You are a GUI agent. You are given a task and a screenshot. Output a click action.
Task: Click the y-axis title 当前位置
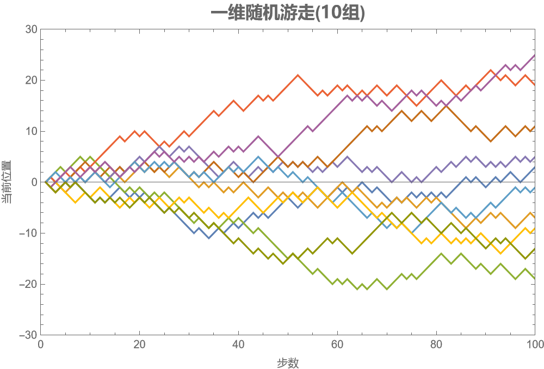pyautogui.click(x=8, y=182)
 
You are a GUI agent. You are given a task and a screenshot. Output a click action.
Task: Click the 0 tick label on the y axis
pyautogui.click(x=33, y=182)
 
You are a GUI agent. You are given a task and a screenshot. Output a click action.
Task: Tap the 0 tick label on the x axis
pyautogui.click(x=41, y=345)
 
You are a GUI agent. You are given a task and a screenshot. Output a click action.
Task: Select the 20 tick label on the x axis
pyautogui.click(x=140, y=345)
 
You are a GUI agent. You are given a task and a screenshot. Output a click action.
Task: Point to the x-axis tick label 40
pyautogui.click(x=239, y=345)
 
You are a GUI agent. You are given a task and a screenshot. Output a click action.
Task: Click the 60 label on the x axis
pyautogui.click(x=337, y=345)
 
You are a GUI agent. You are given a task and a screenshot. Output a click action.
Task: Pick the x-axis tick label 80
pyautogui.click(x=436, y=345)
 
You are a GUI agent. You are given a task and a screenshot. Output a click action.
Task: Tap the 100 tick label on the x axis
pyautogui.click(x=534, y=345)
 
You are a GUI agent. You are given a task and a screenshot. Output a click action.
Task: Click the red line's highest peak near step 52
pyautogui.click(x=298, y=75)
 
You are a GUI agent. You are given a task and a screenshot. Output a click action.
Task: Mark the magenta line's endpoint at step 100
pyautogui.click(x=535, y=54)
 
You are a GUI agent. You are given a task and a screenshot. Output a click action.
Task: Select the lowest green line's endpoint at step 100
pyautogui.click(x=535, y=279)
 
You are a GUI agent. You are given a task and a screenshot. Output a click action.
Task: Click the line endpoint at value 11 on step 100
pyautogui.click(x=535, y=126)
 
